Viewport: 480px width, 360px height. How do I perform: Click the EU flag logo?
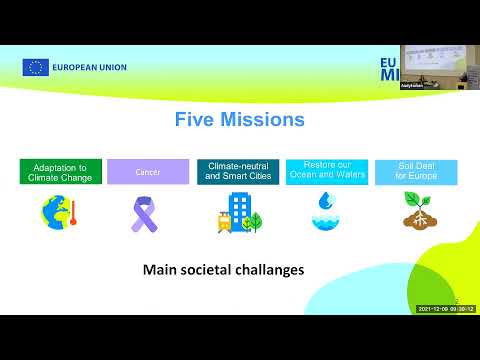36,68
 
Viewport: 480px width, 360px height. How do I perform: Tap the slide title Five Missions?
239,121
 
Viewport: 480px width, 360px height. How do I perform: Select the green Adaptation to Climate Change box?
61,172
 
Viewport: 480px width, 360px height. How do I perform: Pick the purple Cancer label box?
148,172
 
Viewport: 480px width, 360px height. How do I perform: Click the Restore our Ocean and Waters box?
326,172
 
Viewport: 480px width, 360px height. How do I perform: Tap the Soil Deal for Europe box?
414,172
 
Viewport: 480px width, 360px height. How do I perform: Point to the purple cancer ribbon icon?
146,213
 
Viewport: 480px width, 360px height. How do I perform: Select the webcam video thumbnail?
441,66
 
